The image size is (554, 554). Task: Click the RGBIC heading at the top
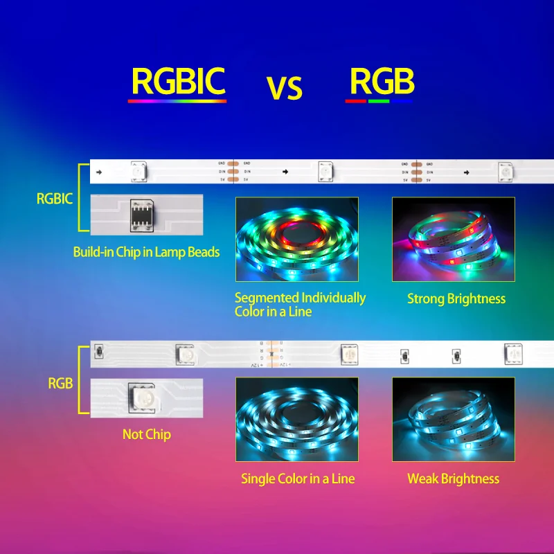pyautogui.click(x=178, y=81)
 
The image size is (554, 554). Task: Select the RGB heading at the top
pyautogui.click(x=382, y=81)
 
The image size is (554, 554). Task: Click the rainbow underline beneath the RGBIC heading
pyautogui.click(x=177, y=101)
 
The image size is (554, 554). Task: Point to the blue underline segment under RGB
pyautogui.click(x=402, y=101)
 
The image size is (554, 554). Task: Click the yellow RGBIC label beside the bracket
pyautogui.click(x=54, y=199)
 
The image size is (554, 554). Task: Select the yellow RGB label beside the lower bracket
pyautogui.click(x=60, y=383)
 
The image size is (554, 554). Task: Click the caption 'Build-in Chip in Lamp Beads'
pyautogui.click(x=146, y=252)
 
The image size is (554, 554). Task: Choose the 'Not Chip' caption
pyautogui.click(x=146, y=434)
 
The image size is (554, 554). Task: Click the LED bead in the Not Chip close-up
pyautogui.click(x=143, y=397)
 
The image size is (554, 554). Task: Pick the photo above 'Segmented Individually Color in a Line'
pyautogui.click(x=297, y=239)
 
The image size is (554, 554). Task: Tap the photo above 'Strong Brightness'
pyautogui.click(x=453, y=239)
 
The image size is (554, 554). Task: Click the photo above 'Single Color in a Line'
pyautogui.click(x=297, y=420)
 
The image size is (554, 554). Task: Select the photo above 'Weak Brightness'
pyautogui.click(x=453, y=420)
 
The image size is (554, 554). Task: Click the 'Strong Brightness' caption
pyautogui.click(x=456, y=299)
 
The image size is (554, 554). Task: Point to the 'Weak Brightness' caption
pyautogui.click(x=453, y=479)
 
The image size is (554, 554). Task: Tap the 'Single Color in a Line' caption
pyautogui.click(x=298, y=479)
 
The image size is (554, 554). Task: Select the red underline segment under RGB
pyautogui.click(x=355, y=101)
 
